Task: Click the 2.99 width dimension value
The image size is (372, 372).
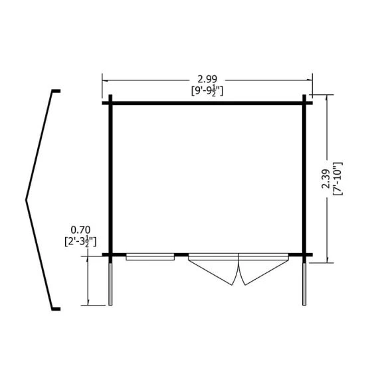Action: pos(207,79)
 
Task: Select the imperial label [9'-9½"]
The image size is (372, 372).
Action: pos(207,91)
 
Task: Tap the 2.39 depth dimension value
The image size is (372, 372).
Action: pos(325,179)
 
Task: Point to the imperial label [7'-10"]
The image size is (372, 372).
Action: pos(337,179)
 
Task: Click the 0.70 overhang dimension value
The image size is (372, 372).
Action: pos(80,230)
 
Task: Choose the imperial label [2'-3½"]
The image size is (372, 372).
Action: pos(80,242)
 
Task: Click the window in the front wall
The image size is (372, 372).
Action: pos(150,256)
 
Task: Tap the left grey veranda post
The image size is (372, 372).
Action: pos(110,284)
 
